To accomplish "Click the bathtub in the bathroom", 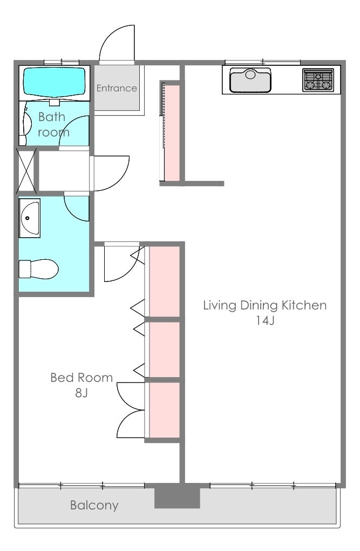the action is (x=54, y=82).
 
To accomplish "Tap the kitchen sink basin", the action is (x=250, y=80).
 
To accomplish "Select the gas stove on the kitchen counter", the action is (x=318, y=80).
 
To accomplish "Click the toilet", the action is (x=38, y=269).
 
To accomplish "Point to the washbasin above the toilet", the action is (x=30, y=218).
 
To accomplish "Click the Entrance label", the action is (x=117, y=88).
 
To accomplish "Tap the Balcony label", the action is (x=94, y=505).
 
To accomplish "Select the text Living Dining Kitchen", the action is (x=265, y=305).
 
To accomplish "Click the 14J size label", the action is (x=265, y=320).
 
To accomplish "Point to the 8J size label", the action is (x=81, y=393).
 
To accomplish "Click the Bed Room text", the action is (x=81, y=378).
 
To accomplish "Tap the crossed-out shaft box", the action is (x=26, y=171).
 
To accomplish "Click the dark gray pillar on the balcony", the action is (x=178, y=495).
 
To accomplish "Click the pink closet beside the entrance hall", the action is (x=172, y=132).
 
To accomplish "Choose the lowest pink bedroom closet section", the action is (x=165, y=410).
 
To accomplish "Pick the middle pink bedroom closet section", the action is (x=165, y=350).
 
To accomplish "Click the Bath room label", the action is (x=53, y=124).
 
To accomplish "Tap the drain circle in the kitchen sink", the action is (x=250, y=75).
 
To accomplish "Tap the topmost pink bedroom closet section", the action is (x=165, y=281).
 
